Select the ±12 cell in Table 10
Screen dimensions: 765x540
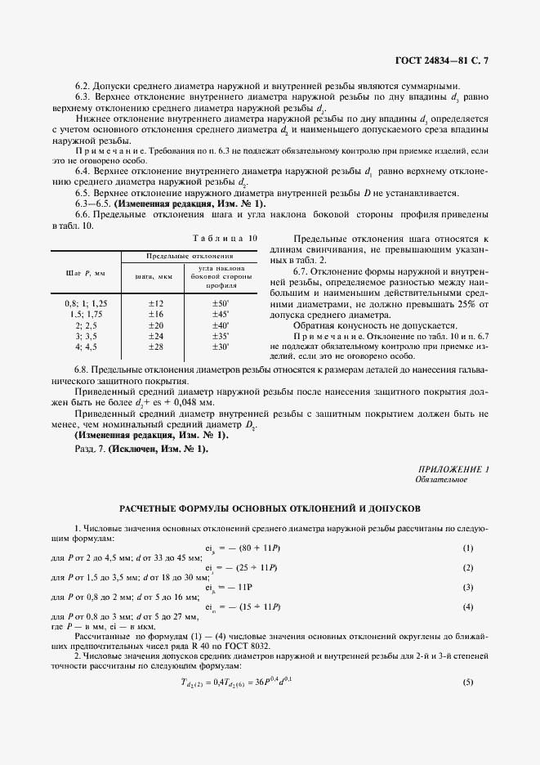(155, 303)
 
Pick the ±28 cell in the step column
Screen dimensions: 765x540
(155, 347)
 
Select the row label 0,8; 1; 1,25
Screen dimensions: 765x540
(86, 303)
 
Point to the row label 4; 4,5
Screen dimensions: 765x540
(86, 347)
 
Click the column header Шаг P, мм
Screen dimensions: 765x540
(86, 274)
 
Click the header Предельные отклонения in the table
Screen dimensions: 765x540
(189, 257)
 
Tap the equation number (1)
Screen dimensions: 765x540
(468, 548)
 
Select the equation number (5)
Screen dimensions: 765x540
(468, 682)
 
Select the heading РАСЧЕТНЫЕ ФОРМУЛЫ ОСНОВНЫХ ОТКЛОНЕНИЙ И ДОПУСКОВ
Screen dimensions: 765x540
(270, 508)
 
